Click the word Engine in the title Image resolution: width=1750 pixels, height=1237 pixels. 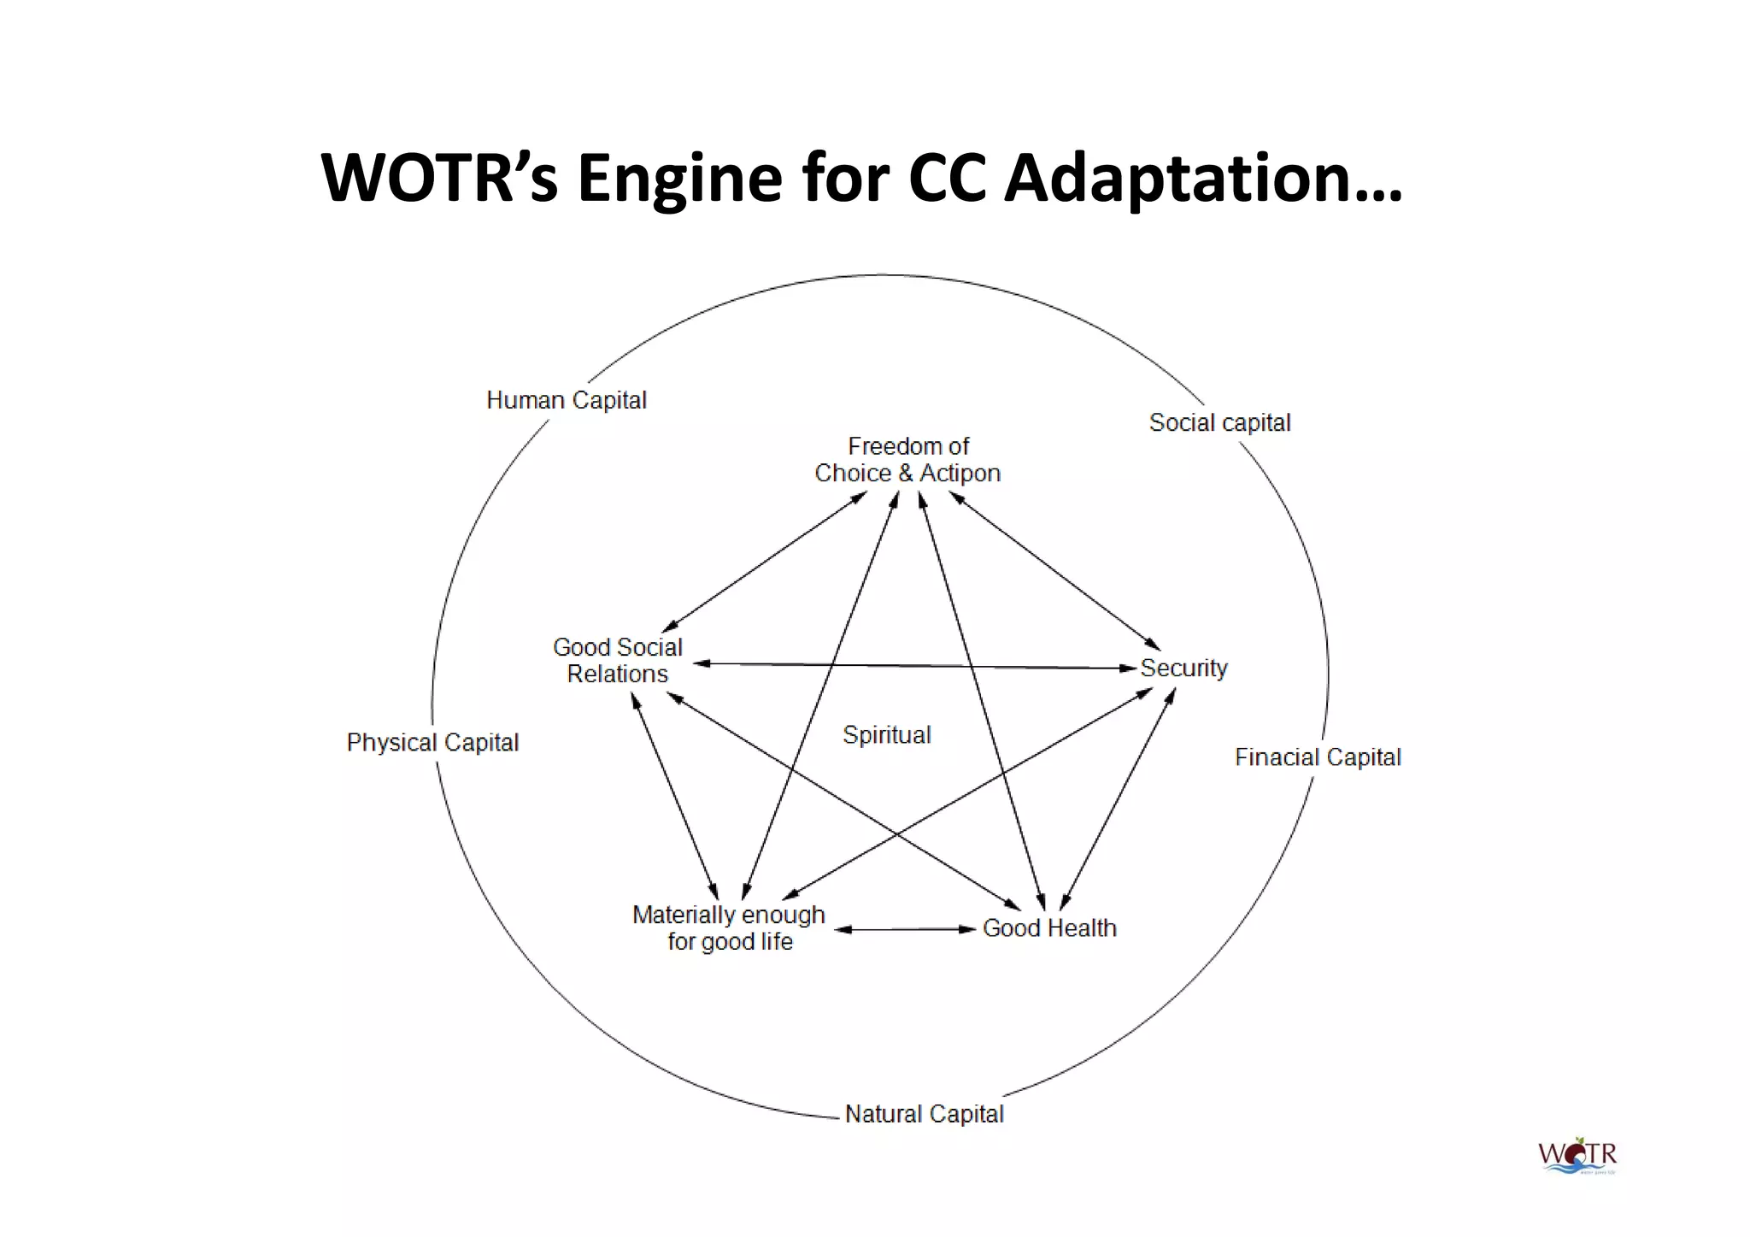(679, 178)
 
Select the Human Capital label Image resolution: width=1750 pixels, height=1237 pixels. (567, 400)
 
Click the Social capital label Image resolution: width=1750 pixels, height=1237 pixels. (1219, 422)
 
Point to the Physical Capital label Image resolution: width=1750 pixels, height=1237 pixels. (432, 742)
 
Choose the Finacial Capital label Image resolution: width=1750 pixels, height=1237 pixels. (1318, 757)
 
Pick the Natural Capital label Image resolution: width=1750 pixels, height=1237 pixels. (924, 1114)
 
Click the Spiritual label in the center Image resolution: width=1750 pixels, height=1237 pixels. (887, 735)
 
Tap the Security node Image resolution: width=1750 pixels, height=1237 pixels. (1183, 668)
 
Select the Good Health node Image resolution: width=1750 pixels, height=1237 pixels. (1049, 928)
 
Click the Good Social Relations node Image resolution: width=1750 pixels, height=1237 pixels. (618, 661)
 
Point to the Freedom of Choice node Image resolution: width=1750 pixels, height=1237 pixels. (907, 460)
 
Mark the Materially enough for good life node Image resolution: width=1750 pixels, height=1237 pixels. (729, 928)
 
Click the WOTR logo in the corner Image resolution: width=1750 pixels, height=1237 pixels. (1577, 1156)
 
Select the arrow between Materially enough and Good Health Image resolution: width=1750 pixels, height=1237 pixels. (905, 929)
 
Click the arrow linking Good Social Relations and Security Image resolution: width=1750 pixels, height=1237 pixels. (914, 665)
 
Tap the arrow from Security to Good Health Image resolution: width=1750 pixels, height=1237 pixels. (1118, 799)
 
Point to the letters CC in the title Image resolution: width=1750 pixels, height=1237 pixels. (948, 178)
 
